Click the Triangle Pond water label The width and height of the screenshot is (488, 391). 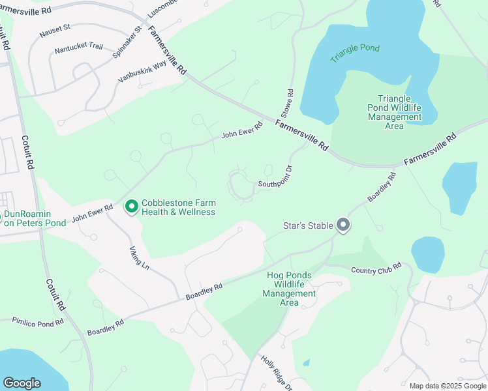coord(354,53)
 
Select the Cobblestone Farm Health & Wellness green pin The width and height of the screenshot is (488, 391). coord(131,207)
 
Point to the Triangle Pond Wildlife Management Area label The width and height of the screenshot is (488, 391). coord(394,112)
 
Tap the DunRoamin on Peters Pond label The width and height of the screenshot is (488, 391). coord(35,218)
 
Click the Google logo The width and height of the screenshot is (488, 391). coord(22,383)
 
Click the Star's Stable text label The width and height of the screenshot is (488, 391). coord(309,226)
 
